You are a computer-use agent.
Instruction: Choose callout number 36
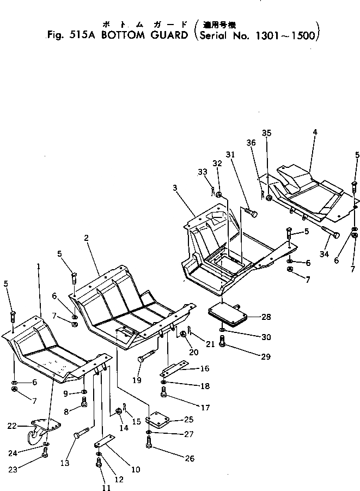pyautogui.click(x=251, y=143)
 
